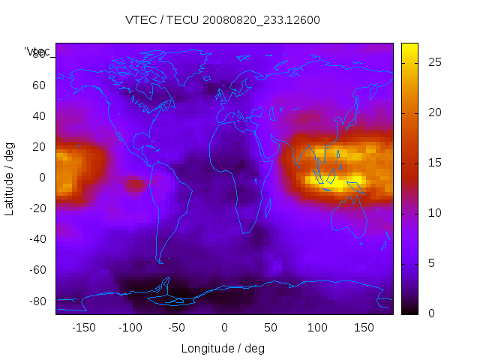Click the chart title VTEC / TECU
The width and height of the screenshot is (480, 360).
pos(223,20)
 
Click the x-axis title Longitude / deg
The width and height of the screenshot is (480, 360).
pos(223,349)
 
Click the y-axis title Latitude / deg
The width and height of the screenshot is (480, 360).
pos(10,178)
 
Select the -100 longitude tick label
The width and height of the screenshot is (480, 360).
pos(130,328)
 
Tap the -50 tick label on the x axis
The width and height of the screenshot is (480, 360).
pos(177,328)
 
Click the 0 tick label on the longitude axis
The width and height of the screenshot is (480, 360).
pos(223,328)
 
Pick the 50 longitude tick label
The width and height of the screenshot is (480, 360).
pos(270,328)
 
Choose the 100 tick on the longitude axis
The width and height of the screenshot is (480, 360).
pos(316,328)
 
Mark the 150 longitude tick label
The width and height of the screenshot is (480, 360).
pos(363,328)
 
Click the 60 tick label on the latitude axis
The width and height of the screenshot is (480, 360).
pos(37,85)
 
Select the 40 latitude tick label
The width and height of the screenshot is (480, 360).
pos(37,115)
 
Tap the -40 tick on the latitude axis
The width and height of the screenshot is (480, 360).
pos(35,239)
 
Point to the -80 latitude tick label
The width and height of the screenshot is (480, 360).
pos(35,301)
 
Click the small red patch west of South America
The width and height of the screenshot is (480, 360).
pos(134,184)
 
